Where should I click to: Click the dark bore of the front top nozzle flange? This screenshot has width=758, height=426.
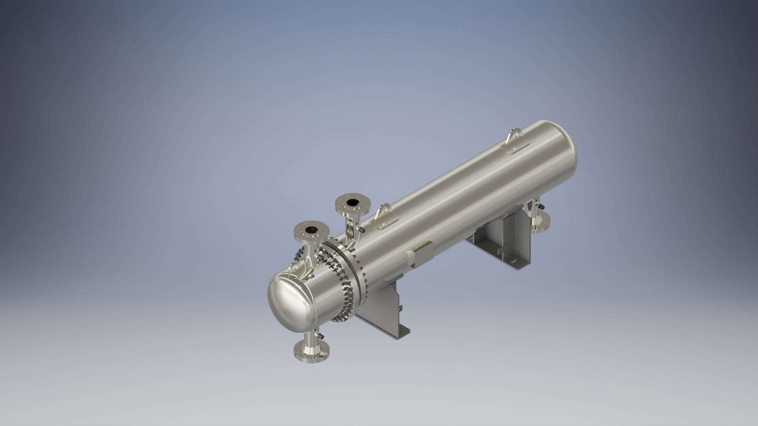312,230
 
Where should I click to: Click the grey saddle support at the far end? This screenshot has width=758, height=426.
501,245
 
